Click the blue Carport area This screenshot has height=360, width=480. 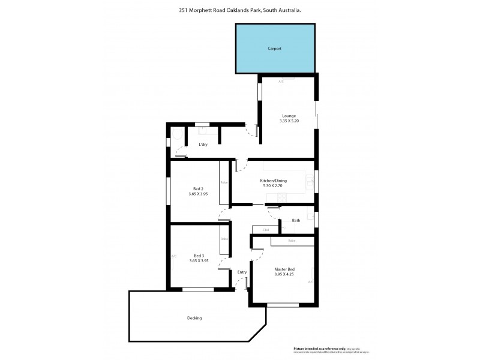click(275, 48)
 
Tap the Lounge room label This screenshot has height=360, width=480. click(289, 115)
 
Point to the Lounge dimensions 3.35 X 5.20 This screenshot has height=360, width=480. click(289, 121)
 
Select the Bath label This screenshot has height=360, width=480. click(296, 221)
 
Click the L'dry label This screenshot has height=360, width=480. click(203, 145)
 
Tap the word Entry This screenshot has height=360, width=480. click(242, 272)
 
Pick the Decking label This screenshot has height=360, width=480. click(194, 318)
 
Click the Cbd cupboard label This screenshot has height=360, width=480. click(265, 230)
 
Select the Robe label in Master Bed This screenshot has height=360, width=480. click(292, 241)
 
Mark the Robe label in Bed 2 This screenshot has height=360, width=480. click(224, 182)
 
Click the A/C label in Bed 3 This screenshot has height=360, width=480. click(174, 256)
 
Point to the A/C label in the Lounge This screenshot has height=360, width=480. click(281, 81)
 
